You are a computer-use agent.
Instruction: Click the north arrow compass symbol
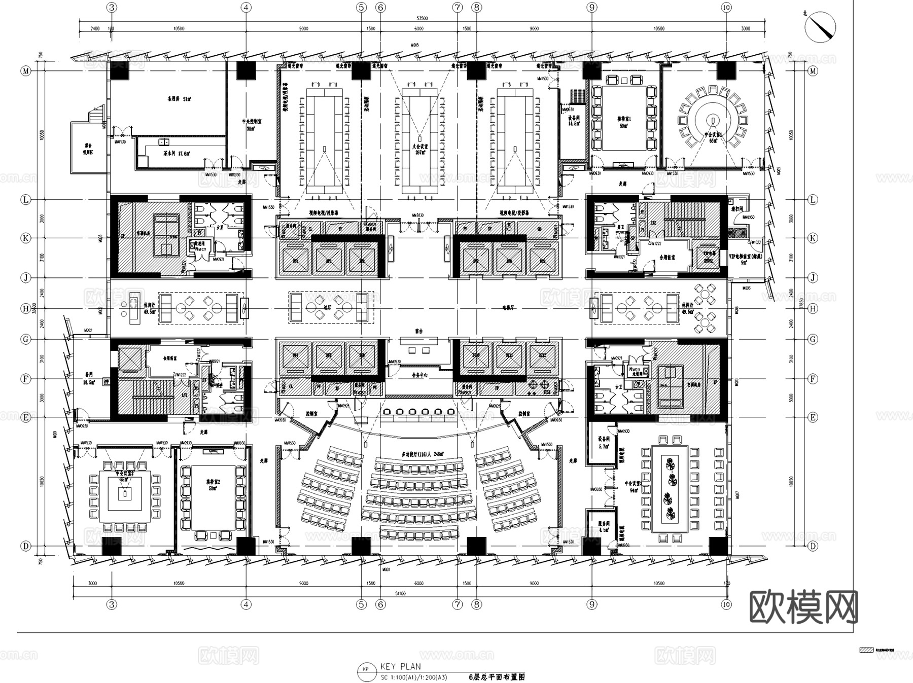820,25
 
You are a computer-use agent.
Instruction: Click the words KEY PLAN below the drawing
400,667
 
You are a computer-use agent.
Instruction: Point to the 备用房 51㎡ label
179,98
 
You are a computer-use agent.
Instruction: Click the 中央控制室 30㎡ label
251,125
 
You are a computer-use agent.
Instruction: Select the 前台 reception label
418,331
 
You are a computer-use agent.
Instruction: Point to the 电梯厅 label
508,308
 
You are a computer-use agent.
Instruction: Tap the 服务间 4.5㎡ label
604,527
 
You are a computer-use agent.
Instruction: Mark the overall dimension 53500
422,19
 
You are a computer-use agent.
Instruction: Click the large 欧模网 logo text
803,607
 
